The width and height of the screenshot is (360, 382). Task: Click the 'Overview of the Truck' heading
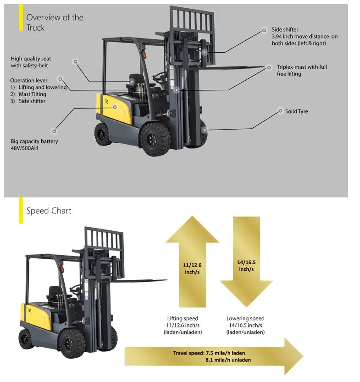[55, 22]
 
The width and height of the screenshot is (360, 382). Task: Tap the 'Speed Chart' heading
[49, 211]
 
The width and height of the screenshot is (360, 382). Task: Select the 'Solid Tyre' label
[296, 111]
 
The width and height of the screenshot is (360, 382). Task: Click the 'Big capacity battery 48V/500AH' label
[34, 145]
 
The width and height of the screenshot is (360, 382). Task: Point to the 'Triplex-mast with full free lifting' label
[302, 70]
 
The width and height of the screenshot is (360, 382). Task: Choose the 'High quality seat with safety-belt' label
[31, 62]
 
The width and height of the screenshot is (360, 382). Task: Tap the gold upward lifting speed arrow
[192, 262]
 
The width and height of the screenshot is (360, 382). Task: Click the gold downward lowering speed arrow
[246, 262]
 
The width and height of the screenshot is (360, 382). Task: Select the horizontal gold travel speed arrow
[214, 356]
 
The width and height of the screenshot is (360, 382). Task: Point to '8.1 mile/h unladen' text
[228, 360]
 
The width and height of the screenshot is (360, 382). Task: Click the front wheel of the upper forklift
[155, 139]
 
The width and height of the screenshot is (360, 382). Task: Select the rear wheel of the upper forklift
[103, 135]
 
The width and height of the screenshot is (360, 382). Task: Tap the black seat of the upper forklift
[136, 82]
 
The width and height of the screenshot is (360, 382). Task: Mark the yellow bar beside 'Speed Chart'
[21, 211]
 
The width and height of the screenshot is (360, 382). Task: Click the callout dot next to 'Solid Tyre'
[280, 111]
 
